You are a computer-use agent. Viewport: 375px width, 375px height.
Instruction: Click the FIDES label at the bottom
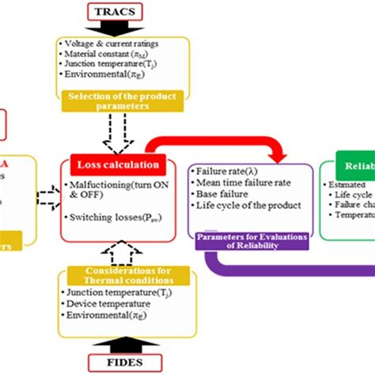click(x=119, y=364)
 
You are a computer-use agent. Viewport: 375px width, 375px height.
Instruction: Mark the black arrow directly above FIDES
click(x=118, y=344)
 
